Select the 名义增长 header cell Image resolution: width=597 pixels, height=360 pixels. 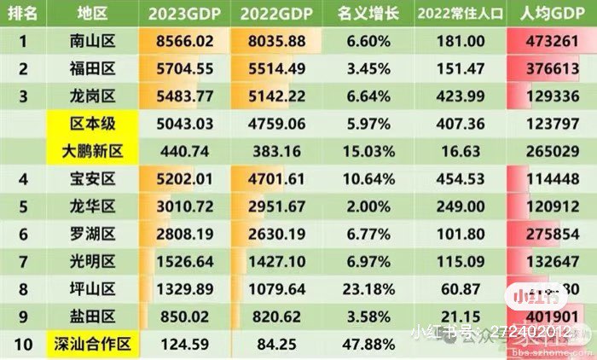[364, 14]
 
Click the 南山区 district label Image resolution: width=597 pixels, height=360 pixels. [95, 40]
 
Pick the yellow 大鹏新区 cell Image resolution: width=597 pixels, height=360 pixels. [95, 151]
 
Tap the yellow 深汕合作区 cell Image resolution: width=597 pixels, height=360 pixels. [95, 345]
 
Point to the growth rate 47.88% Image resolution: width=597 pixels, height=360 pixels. [364, 345]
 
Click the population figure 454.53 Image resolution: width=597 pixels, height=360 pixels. [459, 179]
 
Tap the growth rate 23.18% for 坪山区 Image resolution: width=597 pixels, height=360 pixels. [364, 289]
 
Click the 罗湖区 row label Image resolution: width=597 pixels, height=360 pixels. [95, 235]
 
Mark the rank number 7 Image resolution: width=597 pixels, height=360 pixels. [25, 262]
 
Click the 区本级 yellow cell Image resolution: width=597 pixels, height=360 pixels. [95, 124]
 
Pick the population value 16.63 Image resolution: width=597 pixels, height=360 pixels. [459, 151]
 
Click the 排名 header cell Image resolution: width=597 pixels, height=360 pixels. [25, 14]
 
